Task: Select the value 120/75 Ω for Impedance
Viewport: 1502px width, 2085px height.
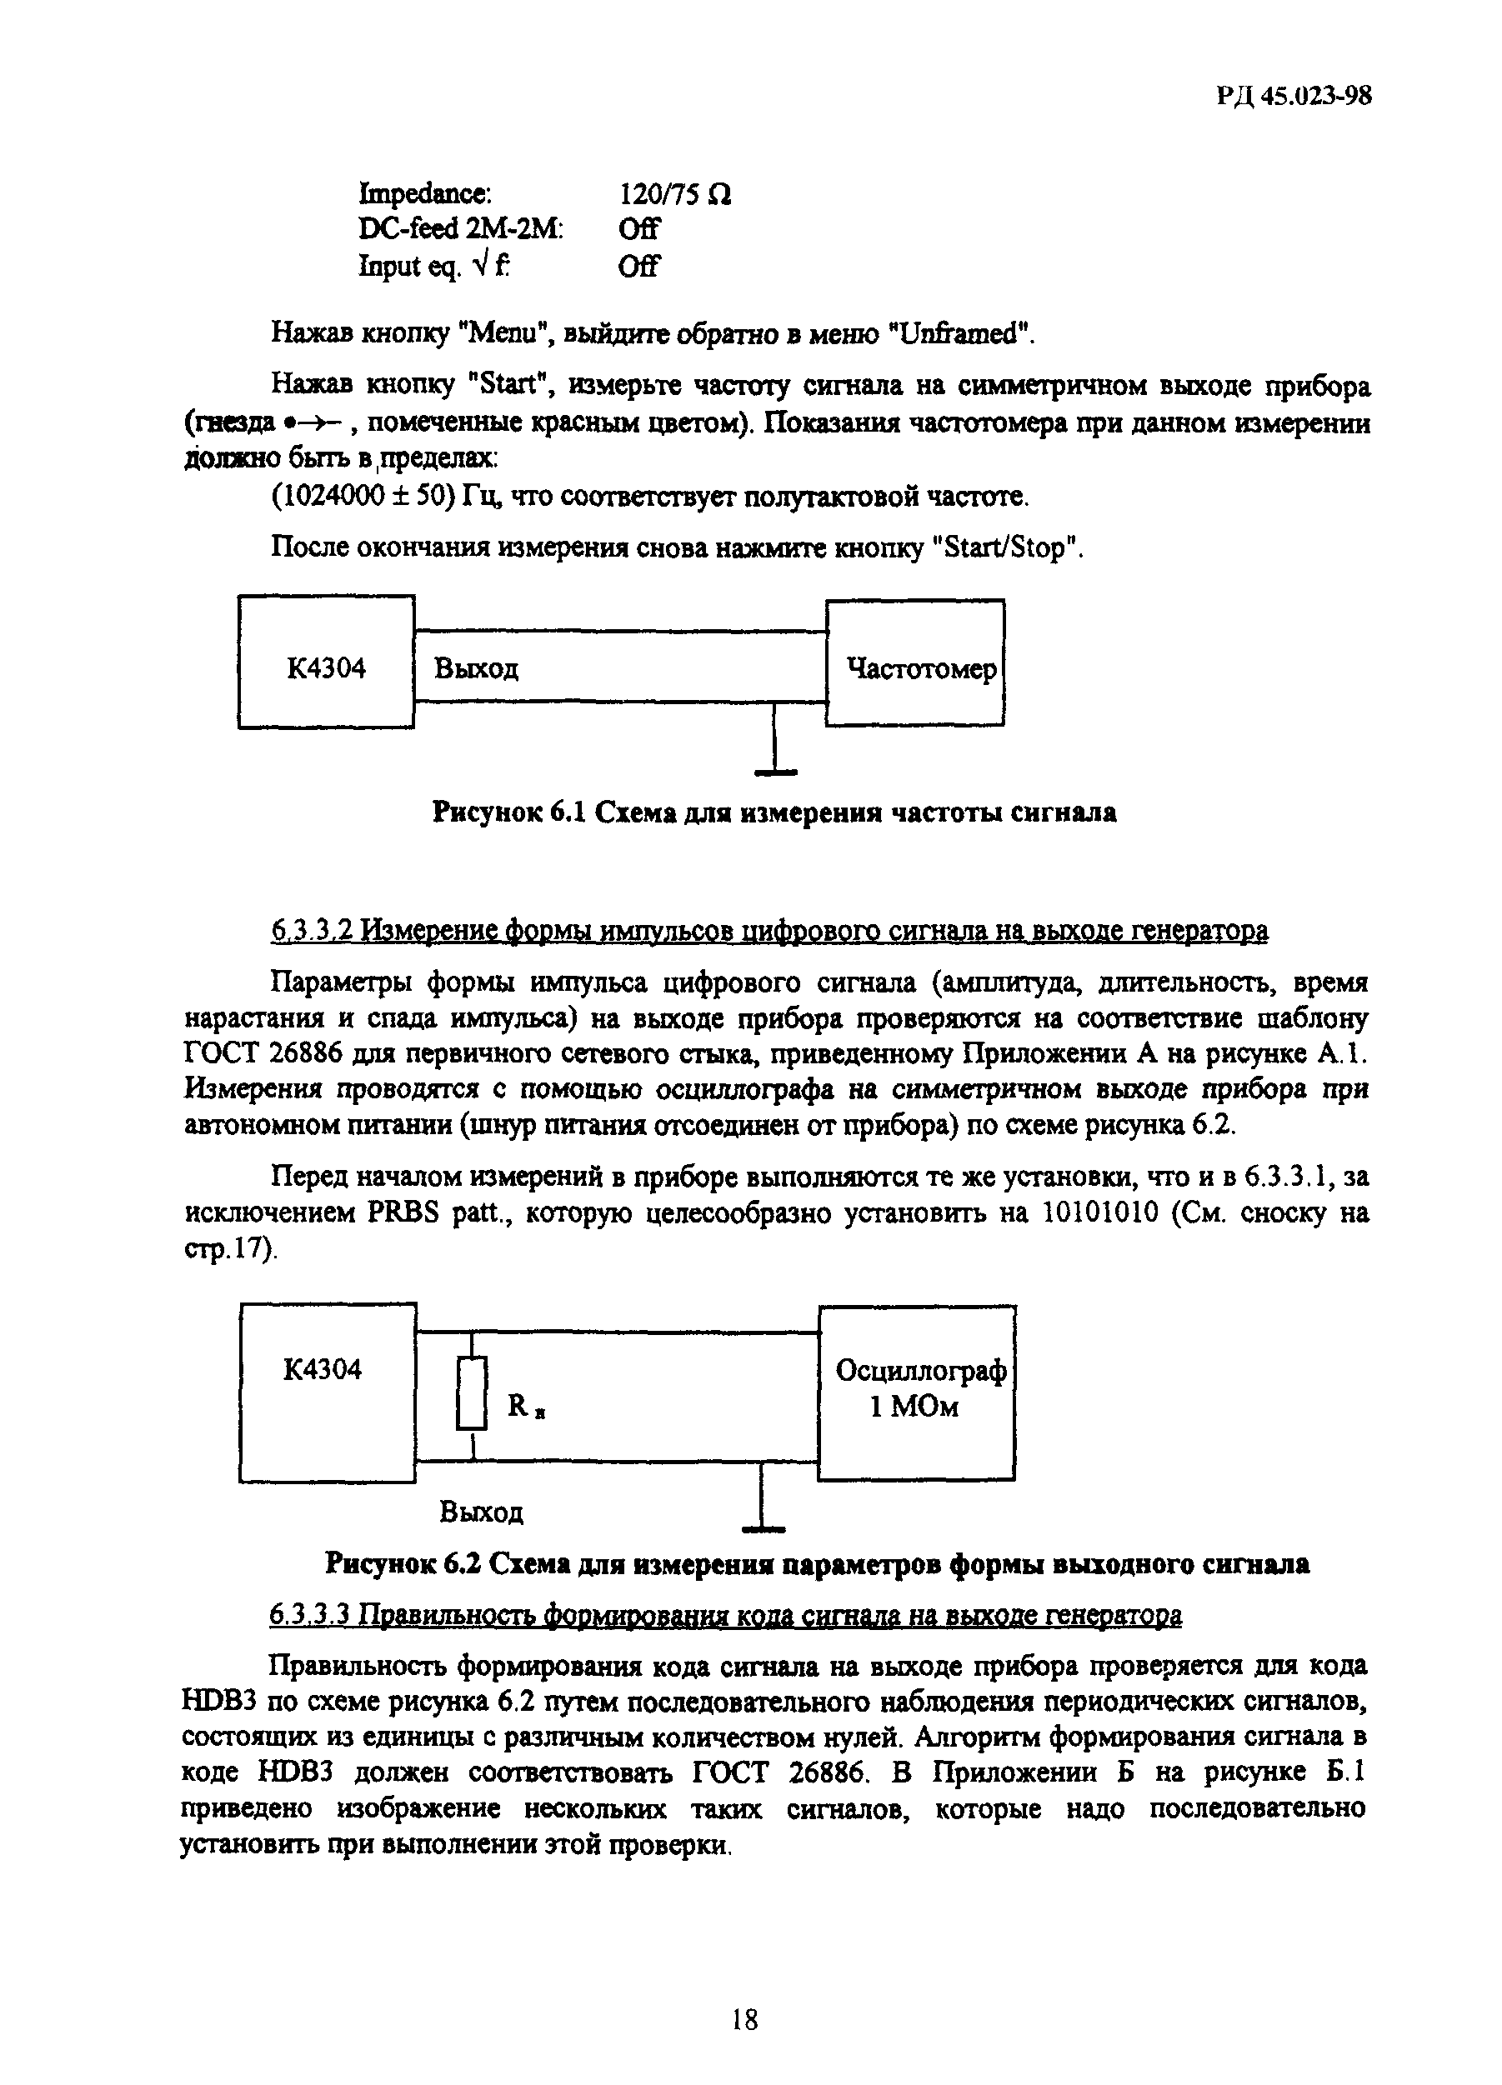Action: [675, 194]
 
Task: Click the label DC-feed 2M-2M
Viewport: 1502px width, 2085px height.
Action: [460, 229]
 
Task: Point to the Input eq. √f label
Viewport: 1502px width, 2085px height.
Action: [434, 267]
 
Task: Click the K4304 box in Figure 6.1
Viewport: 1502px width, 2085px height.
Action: [326, 662]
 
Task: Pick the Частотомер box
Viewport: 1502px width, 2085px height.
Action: [914, 662]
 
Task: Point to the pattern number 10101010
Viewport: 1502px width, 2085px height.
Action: [1105, 1213]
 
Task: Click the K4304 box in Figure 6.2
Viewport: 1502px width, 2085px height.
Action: [327, 1392]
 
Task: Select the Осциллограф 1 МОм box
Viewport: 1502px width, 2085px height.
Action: [916, 1392]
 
